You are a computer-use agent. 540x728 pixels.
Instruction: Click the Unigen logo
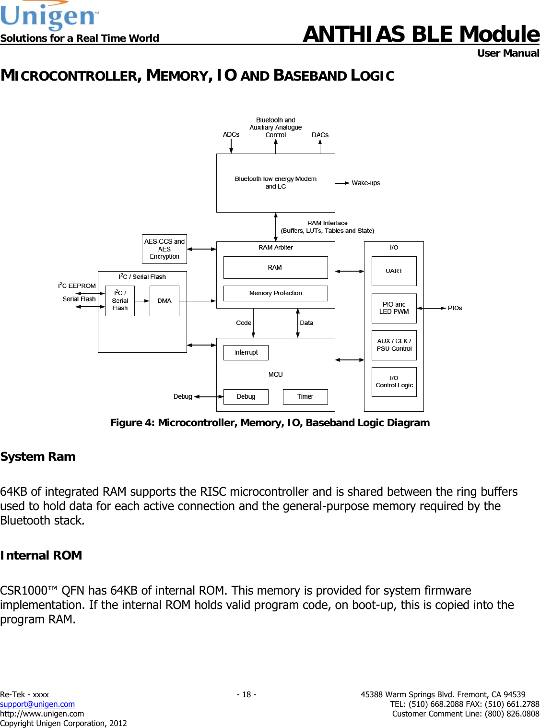(49, 16)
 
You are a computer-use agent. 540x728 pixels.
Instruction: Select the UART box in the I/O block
(394, 271)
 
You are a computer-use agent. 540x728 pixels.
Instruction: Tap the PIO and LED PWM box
(394, 308)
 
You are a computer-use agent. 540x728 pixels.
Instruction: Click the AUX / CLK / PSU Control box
(394, 345)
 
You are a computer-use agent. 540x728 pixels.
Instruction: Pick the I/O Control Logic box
(394, 382)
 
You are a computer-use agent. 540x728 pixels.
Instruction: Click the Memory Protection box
(275, 293)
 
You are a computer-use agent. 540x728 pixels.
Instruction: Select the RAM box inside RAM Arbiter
(275, 267)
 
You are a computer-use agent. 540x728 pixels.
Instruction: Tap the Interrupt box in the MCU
(246, 352)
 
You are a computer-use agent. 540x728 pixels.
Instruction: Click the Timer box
(305, 396)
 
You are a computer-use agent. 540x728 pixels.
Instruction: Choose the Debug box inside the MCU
(246, 396)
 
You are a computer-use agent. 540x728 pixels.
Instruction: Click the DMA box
(164, 301)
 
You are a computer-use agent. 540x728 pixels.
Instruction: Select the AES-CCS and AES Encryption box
(164, 249)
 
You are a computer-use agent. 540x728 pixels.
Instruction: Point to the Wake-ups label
(365, 183)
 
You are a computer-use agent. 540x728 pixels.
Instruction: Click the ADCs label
(231, 134)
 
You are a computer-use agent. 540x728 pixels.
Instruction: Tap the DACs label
(320, 135)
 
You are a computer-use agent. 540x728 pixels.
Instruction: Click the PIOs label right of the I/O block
(455, 308)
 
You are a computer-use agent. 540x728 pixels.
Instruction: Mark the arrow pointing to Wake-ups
(342, 183)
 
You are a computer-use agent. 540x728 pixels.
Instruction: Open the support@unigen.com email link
(37, 704)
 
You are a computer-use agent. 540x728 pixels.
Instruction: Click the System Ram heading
(38, 456)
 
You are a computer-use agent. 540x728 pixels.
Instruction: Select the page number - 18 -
(247, 694)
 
